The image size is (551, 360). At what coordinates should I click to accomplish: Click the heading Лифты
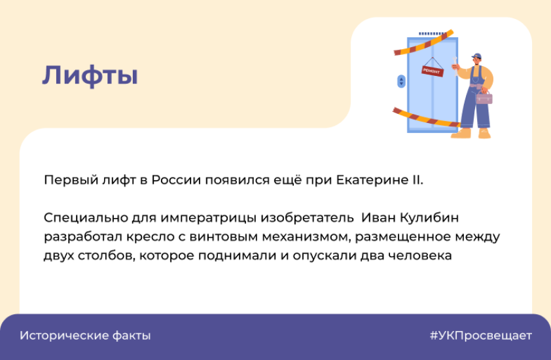[90, 75]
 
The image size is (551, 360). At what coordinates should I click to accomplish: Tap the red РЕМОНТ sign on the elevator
[432, 71]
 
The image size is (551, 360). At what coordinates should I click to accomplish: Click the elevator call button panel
[401, 81]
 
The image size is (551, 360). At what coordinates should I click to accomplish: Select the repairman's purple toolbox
[484, 97]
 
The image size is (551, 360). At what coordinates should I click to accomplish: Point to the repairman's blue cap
[477, 56]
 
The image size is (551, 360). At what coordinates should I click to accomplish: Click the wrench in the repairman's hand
[455, 66]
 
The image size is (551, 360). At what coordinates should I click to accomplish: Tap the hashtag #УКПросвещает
[481, 335]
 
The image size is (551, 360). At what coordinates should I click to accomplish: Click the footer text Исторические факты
[85, 335]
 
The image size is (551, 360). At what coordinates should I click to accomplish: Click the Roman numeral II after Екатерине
[416, 180]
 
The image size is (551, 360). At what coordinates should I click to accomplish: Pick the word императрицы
[209, 218]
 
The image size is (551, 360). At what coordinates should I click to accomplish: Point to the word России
[176, 180]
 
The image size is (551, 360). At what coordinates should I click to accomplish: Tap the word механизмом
[307, 237]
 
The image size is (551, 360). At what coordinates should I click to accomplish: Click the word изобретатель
[307, 217]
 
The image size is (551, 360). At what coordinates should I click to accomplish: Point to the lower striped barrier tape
[426, 117]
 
